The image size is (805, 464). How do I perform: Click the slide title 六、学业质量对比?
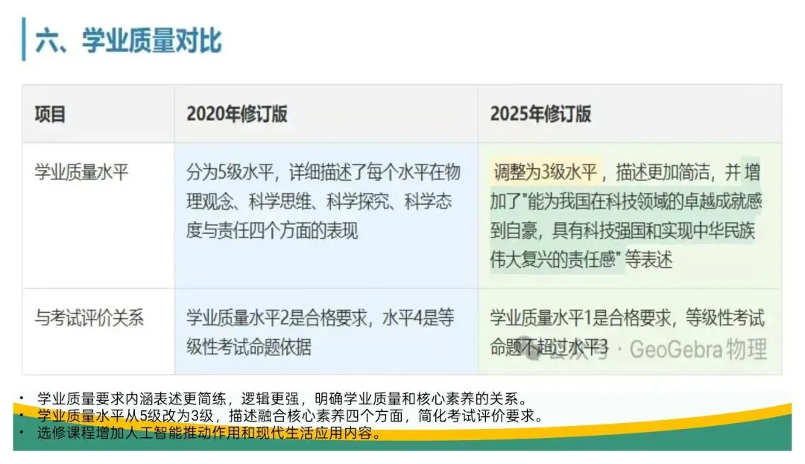(x=128, y=41)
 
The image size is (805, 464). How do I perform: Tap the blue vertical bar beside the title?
(x=24, y=40)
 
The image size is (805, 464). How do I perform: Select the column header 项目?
(x=51, y=114)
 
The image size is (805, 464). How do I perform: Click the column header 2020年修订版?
(x=236, y=114)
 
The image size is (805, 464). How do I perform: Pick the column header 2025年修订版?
(x=540, y=114)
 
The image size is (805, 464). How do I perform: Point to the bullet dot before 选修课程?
(x=22, y=433)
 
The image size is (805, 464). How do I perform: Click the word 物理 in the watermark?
(x=746, y=349)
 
